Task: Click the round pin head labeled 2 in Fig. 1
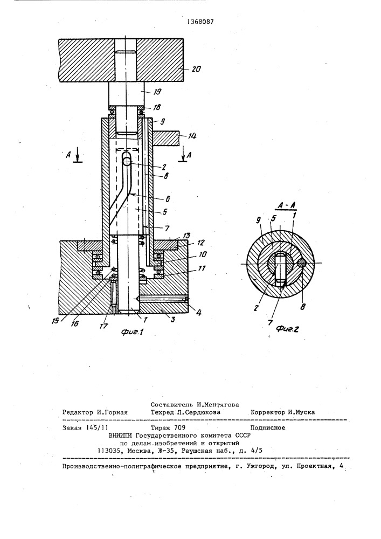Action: [127, 159]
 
